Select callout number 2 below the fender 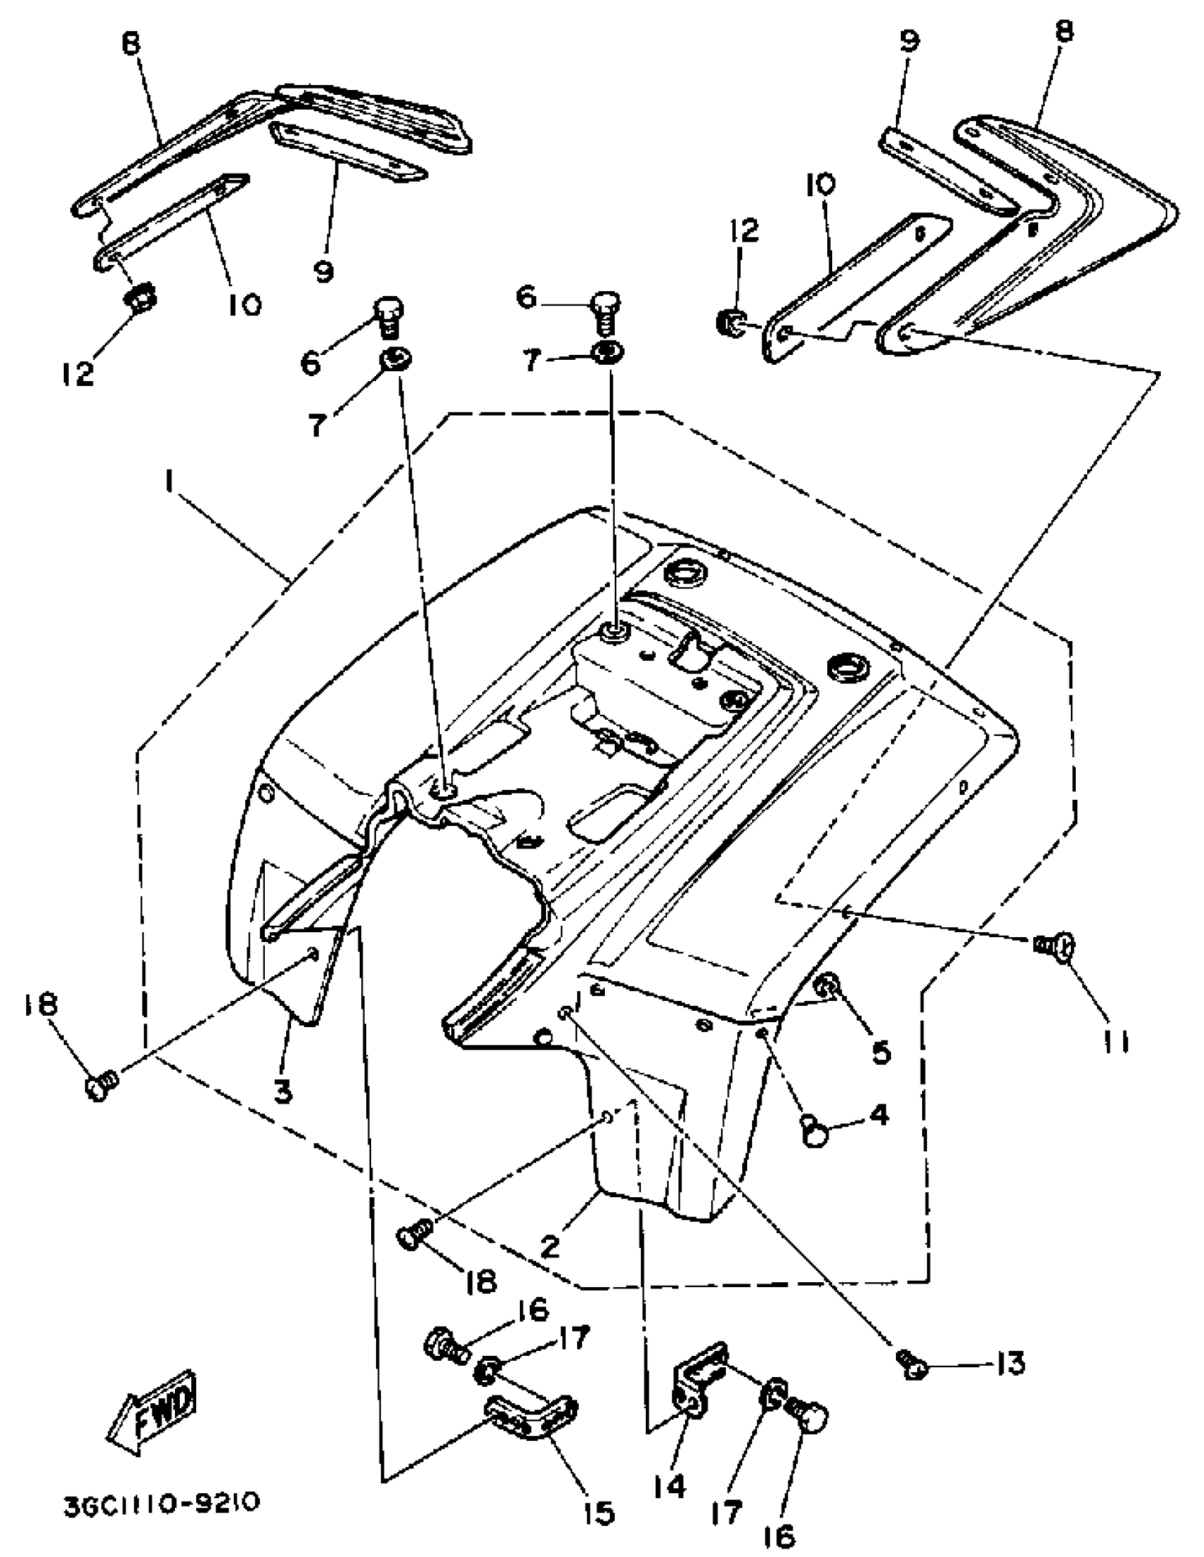[x=550, y=1245]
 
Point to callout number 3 [x=284, y=1089]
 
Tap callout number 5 [x=881, y=1050]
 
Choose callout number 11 [x=1116, y=1042]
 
